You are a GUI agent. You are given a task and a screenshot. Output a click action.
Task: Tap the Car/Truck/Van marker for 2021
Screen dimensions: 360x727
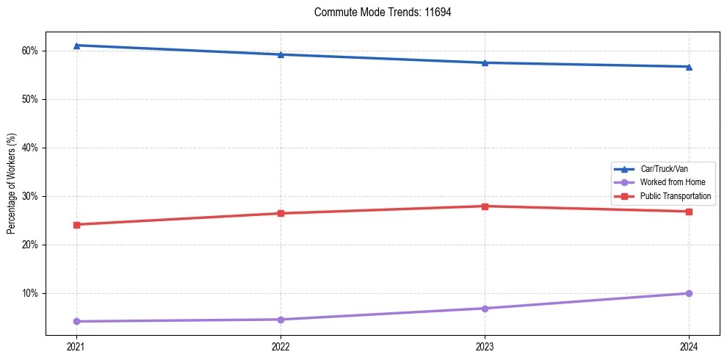pos(76,46)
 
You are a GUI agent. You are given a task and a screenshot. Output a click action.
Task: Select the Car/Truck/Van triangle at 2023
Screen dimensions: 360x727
pos(485,62)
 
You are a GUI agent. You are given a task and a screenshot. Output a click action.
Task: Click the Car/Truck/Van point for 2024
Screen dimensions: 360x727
pos(689,67)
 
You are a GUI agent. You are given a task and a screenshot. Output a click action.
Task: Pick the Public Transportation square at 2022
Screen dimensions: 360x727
pos(281,213)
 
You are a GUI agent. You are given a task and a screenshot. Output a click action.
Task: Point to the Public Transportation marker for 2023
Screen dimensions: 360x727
pos(485,206)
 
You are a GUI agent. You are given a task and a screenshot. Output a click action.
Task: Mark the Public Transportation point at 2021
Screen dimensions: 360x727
pos(76,224)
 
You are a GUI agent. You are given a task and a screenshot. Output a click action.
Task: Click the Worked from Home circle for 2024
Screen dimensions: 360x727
pos(689,293)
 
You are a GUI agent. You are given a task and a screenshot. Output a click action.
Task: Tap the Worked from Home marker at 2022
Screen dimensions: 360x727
pos(281,320)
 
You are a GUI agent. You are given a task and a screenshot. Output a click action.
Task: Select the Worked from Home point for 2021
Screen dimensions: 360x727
pos(76,321)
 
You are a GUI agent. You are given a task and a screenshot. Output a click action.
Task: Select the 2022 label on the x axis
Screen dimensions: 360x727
pos(281,346)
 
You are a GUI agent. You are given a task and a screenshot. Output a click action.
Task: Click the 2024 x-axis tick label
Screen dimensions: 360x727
pos(689,346)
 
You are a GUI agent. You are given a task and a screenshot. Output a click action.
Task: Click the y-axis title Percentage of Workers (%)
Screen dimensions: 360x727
pos(12,184)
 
